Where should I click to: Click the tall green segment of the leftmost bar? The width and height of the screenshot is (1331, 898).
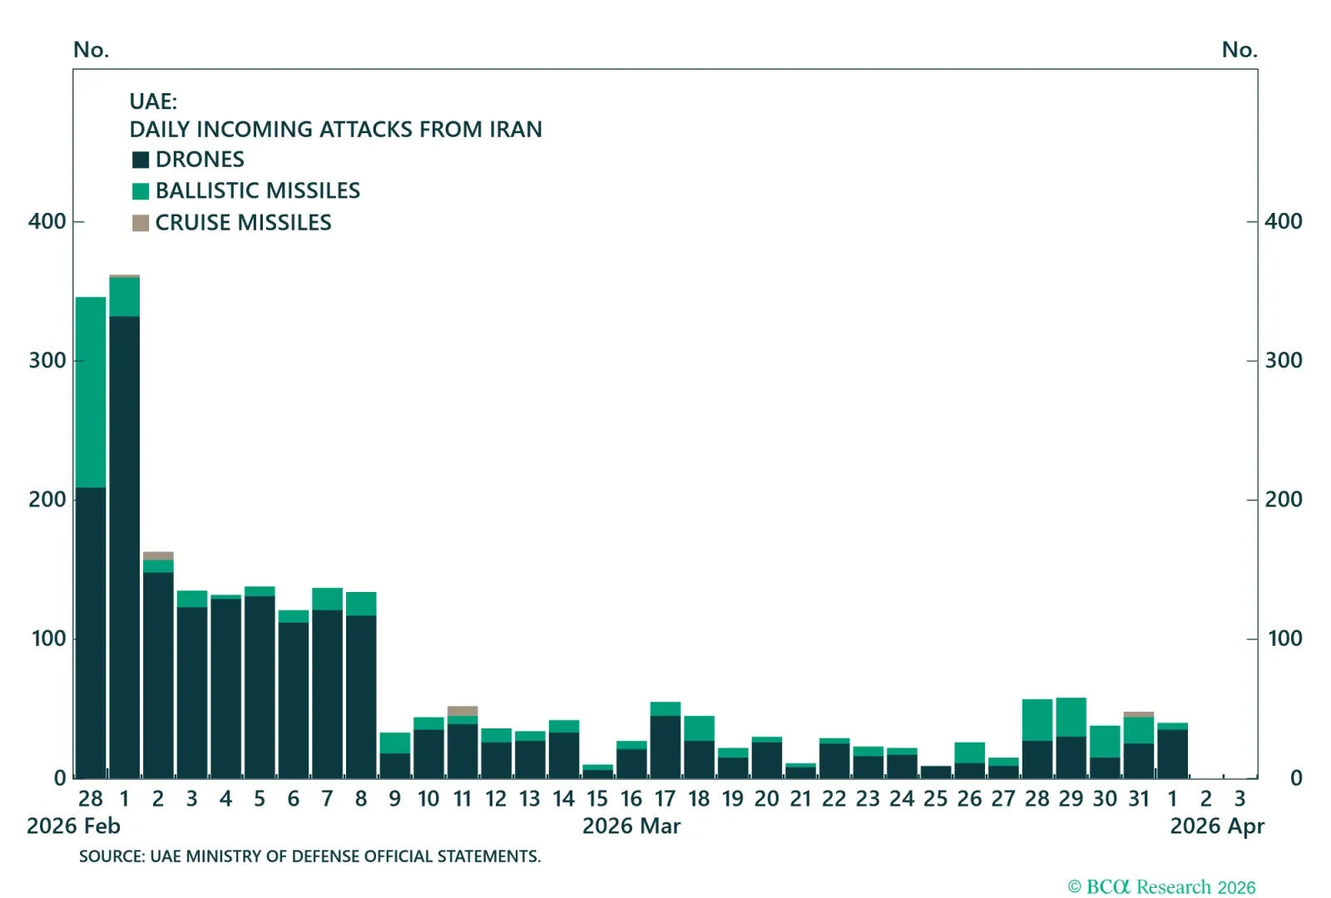pyautogui.click(x=91, y=392)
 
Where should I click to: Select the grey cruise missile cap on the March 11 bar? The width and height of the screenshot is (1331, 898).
pyautogui.click(x=463, y=711)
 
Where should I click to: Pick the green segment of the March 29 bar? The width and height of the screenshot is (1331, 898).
pyautogui.click(x=1071, y=717)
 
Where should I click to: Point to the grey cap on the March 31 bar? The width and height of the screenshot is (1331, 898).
pyautogui.click(x=1139, y=714)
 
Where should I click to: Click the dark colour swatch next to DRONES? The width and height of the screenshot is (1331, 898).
pyautogui.click(x=141, y=160)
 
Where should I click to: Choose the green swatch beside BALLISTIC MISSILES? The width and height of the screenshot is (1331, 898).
pyautogui.click(x=141, y=191)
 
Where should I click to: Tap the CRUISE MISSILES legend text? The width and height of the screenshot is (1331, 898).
pyautogui.click(x=243, y=223)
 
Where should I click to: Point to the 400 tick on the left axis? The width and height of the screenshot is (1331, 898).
pyautogui.click(x=47, y=221)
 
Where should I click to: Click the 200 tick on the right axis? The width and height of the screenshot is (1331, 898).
pyautogui.click(x=1284, y=499)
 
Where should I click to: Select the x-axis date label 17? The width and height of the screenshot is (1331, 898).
pyautogui.click(x=665, y=799)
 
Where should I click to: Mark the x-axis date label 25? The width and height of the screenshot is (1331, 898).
pyautogui.click(x=935, y=799)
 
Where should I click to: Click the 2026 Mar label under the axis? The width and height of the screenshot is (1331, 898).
pyautogui.click(x=631, y=826)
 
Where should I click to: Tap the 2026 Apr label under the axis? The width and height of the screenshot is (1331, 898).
pyautogui.click(x=1217, y=826)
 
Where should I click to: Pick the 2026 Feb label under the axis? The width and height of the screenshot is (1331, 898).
pyautogui.click(x=73, y=826)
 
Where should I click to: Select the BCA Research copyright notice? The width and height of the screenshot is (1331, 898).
pyautogui.click(x=1161, y=887)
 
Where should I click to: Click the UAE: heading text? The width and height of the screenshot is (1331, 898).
pyautogui.click(x=153, y=101)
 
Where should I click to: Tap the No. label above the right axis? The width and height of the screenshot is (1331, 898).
pyautogui.click(x=1239, y=50)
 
